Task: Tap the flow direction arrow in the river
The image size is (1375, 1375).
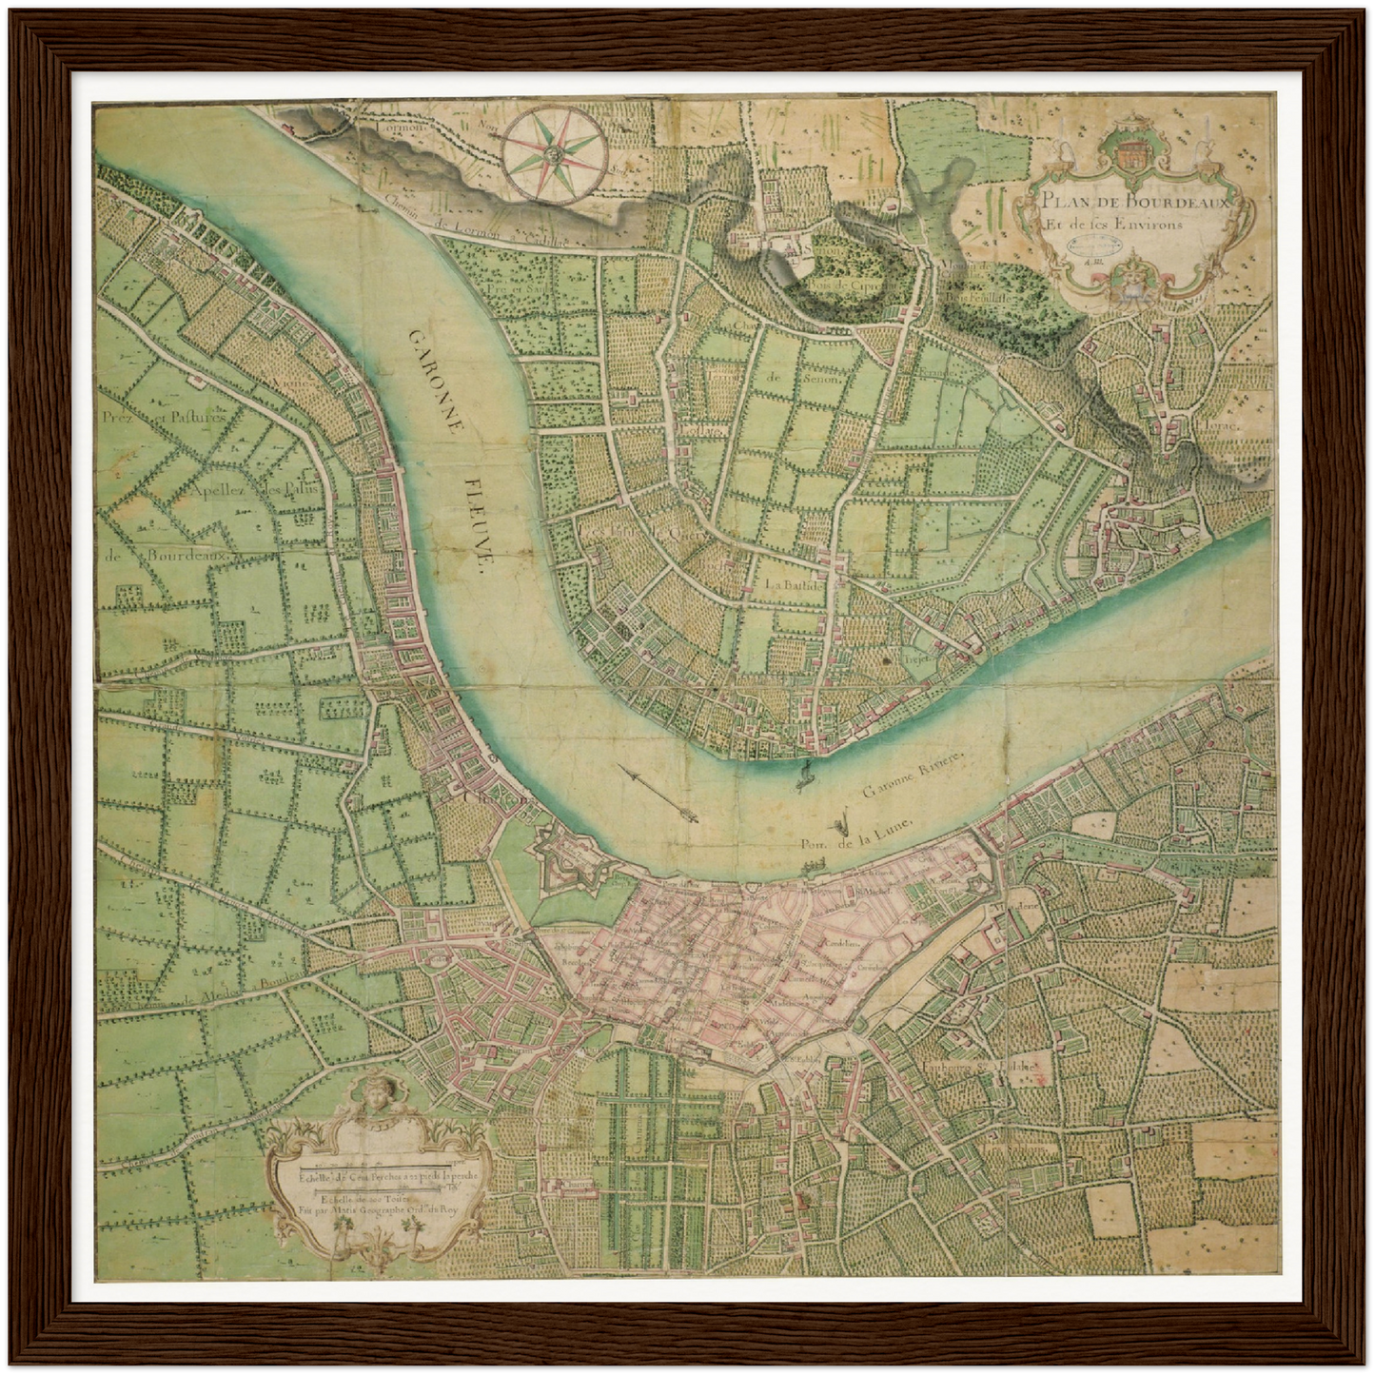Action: click(x=657, y=792)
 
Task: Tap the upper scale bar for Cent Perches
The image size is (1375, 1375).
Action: click(x=381, y=1164)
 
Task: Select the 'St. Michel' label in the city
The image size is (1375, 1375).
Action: click(x=869, y=892)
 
